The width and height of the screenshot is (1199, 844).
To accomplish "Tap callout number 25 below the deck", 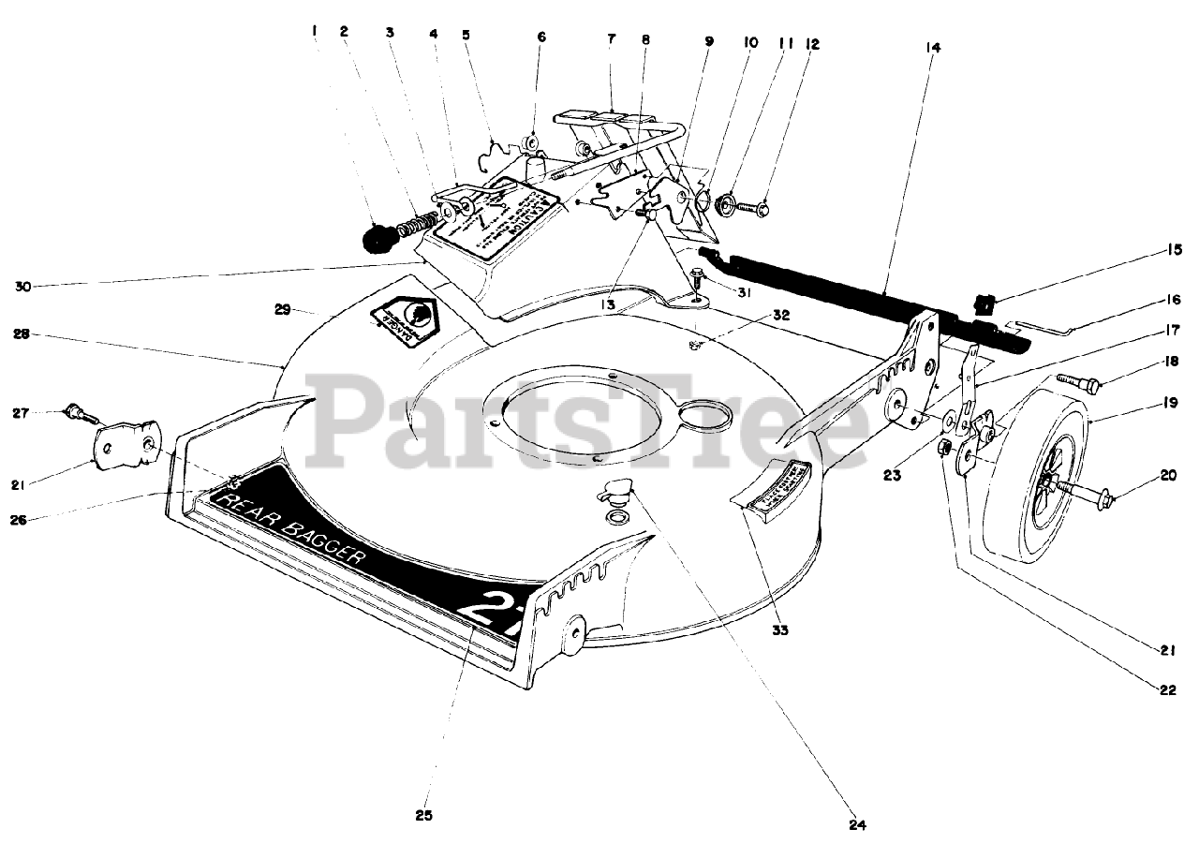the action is point(423,814).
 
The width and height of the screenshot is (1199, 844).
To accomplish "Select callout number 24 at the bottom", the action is point(859,825).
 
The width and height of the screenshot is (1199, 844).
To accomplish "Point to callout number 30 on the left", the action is point(22,286).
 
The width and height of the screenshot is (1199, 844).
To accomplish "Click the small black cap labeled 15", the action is point(984,304).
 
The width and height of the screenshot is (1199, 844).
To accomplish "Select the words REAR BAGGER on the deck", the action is point(293,530).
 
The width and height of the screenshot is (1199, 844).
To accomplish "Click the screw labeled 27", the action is point(78,411).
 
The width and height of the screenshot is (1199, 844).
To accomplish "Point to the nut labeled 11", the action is point(726,202).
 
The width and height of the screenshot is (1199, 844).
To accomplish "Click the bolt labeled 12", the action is point(752,203).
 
